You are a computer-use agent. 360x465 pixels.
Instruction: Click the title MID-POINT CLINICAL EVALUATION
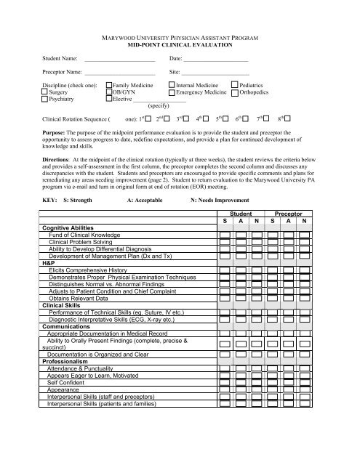tap(180, 44)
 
